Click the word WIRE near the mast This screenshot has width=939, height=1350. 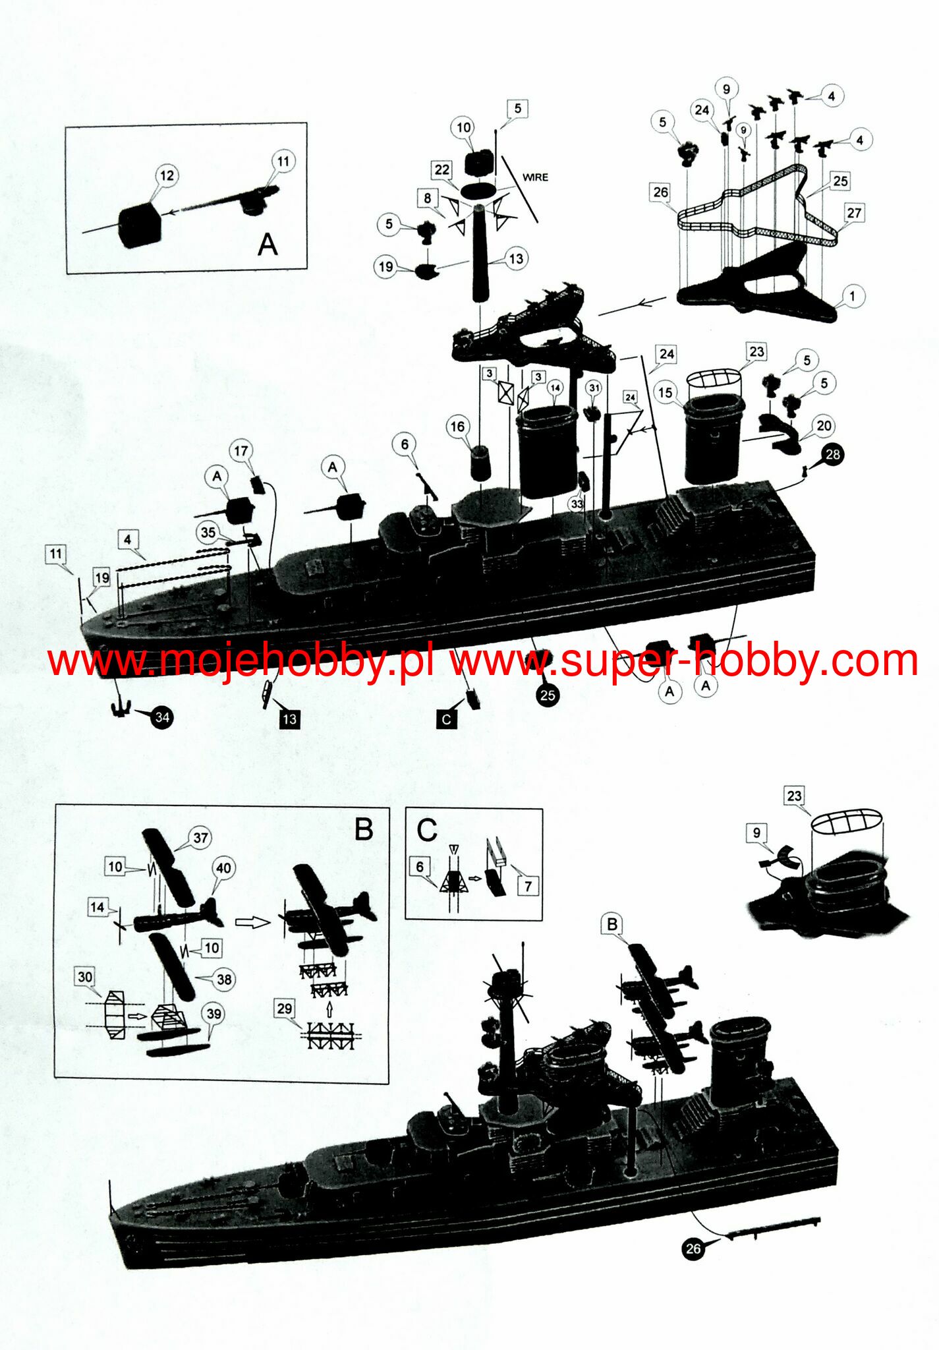tap(535, 177)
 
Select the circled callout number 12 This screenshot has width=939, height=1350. tap(167, 175)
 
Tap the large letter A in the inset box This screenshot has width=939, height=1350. tap(268, 245)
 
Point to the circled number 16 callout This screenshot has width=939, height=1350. tap(457, 426)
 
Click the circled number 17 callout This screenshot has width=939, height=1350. tap(241, 451)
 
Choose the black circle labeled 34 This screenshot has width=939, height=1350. tap(162, 717)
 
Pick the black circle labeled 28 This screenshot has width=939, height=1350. tap(833, 454)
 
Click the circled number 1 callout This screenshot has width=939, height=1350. tap(852, 296)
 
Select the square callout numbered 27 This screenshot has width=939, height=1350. tap(854, 213)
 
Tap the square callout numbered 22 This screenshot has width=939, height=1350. tap(441, 169)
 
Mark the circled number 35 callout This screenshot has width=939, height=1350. tap(208, 533)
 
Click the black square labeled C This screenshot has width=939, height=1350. tap(447, 719)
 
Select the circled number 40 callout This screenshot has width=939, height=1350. tap(223, 868)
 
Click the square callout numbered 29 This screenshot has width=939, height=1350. tap(284, 1009)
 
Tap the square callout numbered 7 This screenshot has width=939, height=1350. tap(528, 887)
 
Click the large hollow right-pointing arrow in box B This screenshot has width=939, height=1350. tap(252, 922)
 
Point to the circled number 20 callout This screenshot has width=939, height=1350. tap(824, 426)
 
